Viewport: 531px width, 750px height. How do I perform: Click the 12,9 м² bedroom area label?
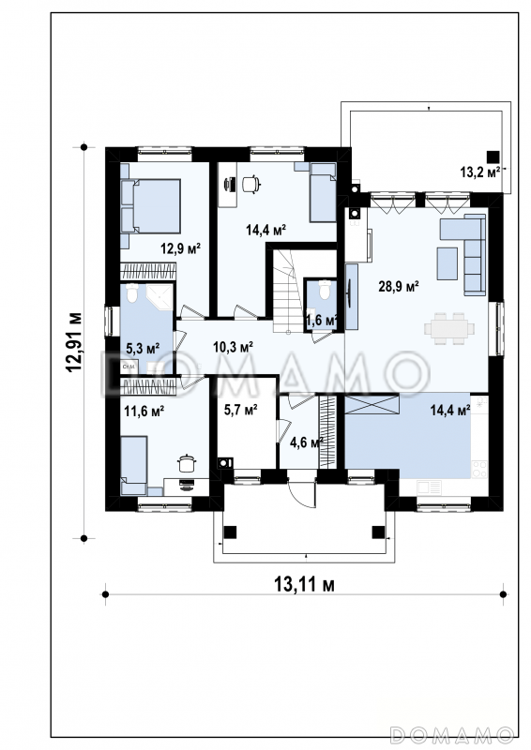(180, 248)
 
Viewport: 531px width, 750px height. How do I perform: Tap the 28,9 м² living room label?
(399, 287)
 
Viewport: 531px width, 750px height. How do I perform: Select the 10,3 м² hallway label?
(233, 347)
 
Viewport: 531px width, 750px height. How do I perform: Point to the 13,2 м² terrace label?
(480, 172)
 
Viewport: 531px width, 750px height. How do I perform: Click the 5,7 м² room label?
(241, 410)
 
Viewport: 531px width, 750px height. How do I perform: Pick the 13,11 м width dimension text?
(304, 584)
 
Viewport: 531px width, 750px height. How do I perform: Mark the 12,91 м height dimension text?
(74, 342)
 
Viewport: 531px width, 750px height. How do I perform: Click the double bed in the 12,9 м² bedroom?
(150, 206)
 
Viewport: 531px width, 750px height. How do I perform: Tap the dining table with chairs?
(449, 329)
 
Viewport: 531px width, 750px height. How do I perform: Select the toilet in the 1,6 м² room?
(325, 290)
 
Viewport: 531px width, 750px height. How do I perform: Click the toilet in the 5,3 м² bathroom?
(131, 293)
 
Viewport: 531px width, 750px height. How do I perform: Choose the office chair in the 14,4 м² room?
(250, 184)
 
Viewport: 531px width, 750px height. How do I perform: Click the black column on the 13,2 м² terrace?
(493, 157)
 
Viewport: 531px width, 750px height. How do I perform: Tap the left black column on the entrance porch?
(230, 532)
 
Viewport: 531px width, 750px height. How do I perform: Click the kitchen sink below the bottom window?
(429, 487)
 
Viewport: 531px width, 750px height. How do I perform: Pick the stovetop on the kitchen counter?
(479, 470)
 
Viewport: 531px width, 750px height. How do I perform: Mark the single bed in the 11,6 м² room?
(133, 465)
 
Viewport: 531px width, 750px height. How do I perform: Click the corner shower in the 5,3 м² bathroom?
(159, 297)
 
